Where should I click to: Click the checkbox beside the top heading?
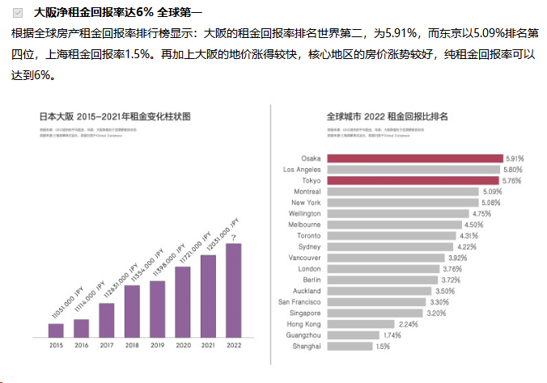[18, 13]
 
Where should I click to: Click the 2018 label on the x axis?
[132, 345]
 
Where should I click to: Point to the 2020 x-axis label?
[183, 345]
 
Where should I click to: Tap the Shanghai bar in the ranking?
[348, 346]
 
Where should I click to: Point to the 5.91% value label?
[515, 158]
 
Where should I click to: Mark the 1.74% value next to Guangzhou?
[392, 335]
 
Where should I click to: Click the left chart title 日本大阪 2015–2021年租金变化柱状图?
[115, 116]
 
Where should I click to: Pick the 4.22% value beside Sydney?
[467, 246]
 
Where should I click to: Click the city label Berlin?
[310, 280]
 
